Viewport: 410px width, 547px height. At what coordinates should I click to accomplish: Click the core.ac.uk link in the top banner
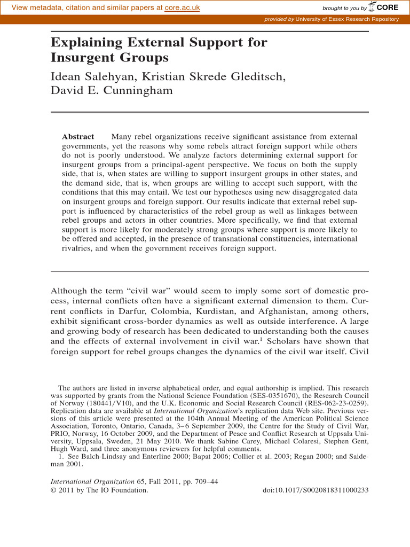pos(182,8)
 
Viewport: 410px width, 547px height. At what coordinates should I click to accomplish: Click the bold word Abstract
pos(78,137)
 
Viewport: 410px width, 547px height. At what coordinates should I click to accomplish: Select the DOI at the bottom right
pos(316,489)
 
